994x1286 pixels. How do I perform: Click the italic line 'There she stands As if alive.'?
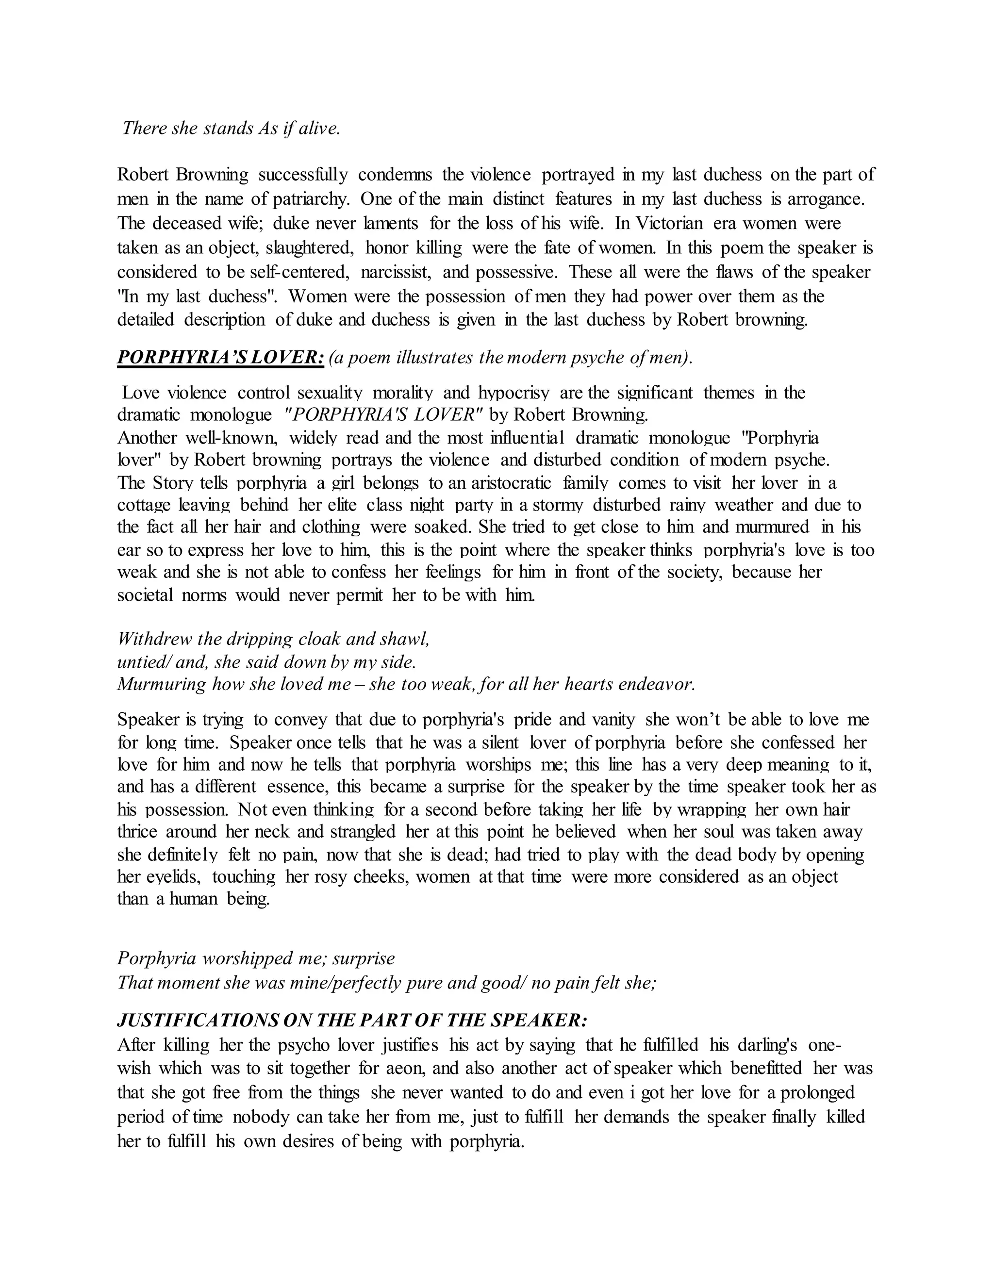point(231,129)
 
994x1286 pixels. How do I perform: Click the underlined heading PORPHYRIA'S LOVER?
point(220,358)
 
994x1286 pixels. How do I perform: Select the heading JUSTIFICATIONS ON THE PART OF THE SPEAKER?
point(351,1020)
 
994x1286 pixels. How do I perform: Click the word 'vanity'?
point(613,720)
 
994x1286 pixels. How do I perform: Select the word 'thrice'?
point(136,832)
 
